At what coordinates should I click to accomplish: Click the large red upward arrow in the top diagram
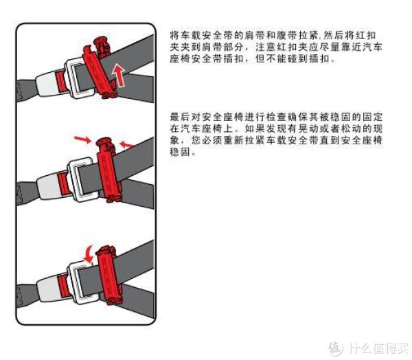pos(119,76)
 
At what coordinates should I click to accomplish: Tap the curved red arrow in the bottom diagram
pos(89,254)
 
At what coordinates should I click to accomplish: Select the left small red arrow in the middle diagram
pos(82,139)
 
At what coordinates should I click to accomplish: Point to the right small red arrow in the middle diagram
pos(126,144)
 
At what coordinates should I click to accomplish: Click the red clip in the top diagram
pos(99,69)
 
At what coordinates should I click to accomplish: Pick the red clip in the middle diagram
pos(108,170)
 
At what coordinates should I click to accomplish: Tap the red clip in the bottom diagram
pos(108,275)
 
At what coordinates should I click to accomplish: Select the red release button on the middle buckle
pos(62,183)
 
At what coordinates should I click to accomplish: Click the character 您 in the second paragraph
pos(196,140)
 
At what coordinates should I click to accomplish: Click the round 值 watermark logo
pos(336,348)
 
